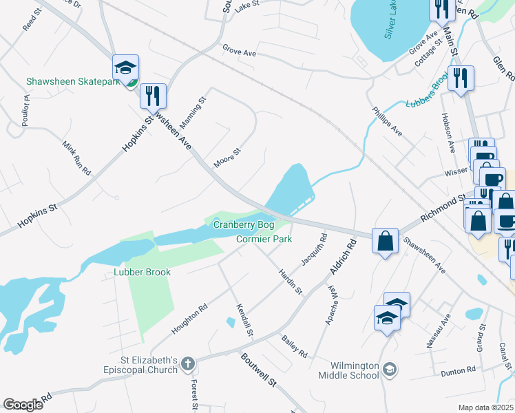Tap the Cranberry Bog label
coord(244,225)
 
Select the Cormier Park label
coord(264,240)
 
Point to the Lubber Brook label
coord(142,272)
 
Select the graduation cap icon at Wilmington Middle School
coord(390,370)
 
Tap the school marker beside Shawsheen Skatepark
coord(126,67)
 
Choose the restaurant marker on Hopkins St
coord(153,95)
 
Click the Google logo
coord(23,404)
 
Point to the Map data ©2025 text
coord(485,407)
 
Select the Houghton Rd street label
coord(189,319)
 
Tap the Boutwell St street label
coord(258,370)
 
